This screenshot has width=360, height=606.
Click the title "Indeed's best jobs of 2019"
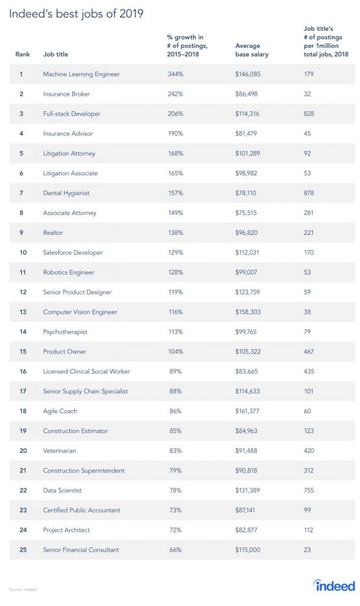(x=76, y=14)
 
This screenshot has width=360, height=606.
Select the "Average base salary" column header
(x=252, y=50)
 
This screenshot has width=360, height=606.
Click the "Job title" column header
(x=56, y=54)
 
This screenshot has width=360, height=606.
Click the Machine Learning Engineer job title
(x=81, y=74)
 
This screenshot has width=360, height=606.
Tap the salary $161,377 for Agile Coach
(x=247, y=411)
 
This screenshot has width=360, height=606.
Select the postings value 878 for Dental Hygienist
(x=308, y=193)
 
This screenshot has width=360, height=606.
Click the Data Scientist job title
(x=62, y=490)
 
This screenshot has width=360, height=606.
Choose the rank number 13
(x=21, y=312)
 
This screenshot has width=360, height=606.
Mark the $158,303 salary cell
(x=247, y=312)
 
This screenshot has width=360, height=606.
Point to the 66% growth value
(x=173, y=550)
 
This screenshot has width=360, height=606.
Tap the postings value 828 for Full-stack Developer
(x=308, y=114)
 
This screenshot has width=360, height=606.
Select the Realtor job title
(x=53, y=233)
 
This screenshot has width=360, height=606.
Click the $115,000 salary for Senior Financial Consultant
(x=247, y=550)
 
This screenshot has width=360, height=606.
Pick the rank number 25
(x=21, y=550)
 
